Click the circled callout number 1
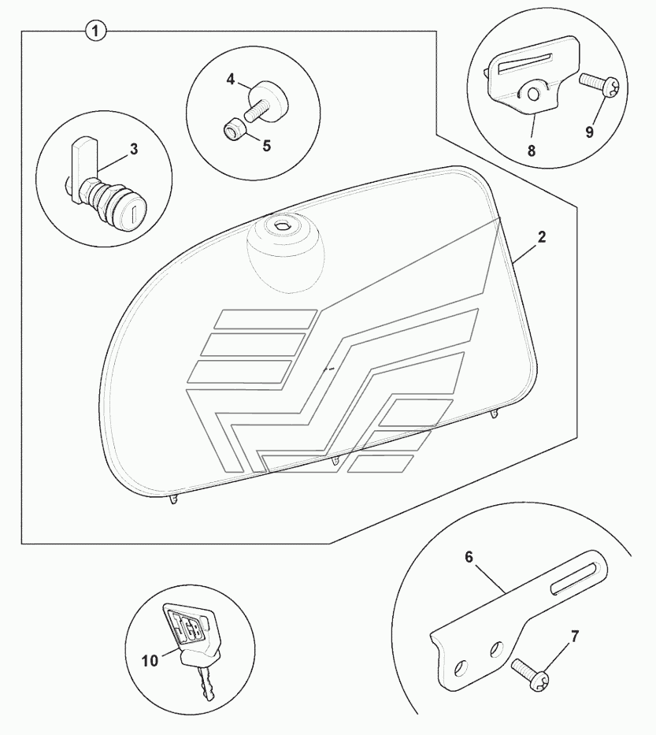(95, 32)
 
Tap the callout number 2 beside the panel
(542, 237)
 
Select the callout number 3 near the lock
(134, 150)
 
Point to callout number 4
(231, 80)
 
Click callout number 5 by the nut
(267, 146)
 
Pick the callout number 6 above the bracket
(469, 557)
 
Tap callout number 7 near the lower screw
(575, 637)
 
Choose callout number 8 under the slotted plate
(532, 150)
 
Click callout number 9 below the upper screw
(590, 132)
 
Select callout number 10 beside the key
(150, 661)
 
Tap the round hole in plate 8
(533, 95)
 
